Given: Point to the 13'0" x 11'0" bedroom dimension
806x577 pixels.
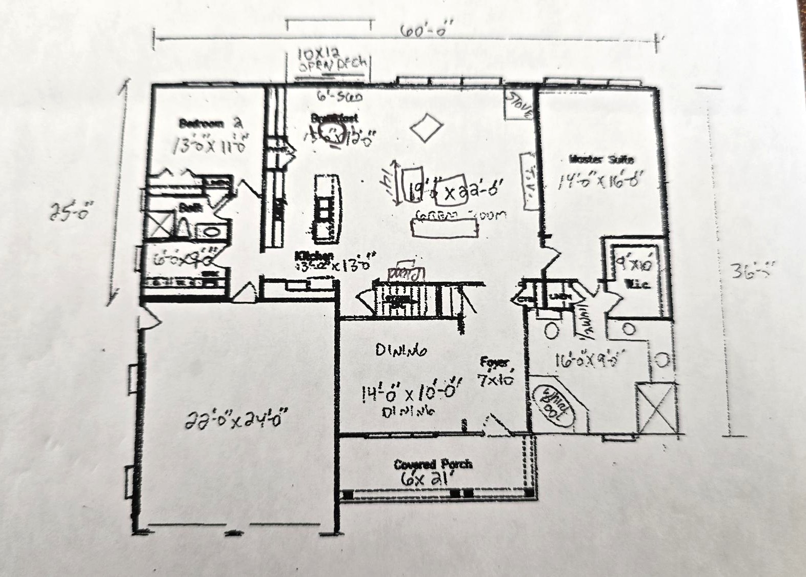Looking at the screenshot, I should click(x=210, y=144).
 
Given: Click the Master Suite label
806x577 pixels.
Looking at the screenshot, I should click(x=601, y=159).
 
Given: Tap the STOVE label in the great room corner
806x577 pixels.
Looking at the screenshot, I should click(x=519, y=106).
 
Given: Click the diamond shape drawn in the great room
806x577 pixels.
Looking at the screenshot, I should click(x=426, y=128).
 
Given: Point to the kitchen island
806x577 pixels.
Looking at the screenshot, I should click(x=326, y=208).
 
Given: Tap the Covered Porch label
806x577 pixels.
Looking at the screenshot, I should click(x=433, y=464).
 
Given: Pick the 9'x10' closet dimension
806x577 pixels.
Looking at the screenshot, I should click(x=635, y=264).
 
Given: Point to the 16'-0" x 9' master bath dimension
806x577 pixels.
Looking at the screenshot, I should click(x=590, y=360).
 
